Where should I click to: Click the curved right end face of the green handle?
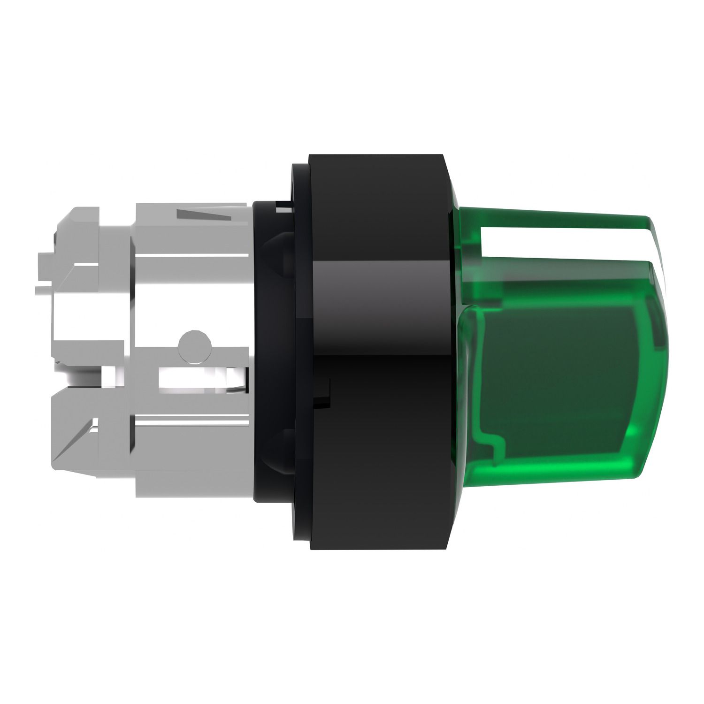point(657,357)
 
